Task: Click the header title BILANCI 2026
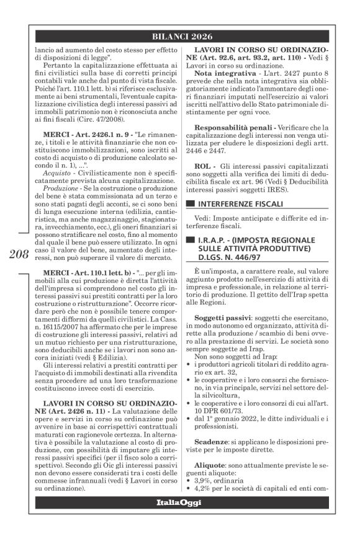coord(180,35)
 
